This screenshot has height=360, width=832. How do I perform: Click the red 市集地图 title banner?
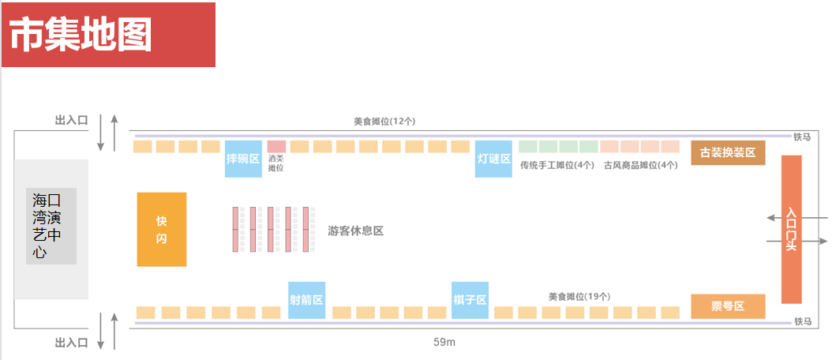click(x=108, y=36)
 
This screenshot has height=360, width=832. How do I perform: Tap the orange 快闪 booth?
click(x=162, y=229)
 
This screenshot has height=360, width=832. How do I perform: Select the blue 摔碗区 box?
click(x=243, y=159)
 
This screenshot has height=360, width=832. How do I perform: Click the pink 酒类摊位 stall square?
click(x=276, y=147)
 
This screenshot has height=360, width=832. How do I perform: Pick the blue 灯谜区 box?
click(x=493, y=159)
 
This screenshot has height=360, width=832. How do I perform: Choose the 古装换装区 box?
click(x=728, y=152)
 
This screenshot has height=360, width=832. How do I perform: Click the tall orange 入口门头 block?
click(x=791, y=229)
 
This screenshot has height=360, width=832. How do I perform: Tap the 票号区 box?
click(x=728, y=306)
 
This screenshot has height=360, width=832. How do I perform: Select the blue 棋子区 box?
click(x=470, y=300)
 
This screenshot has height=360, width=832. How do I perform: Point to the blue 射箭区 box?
click(x=306, y=300)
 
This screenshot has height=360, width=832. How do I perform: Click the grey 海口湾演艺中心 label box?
click(x=51, y=226)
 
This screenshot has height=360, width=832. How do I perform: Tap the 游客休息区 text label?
click(x=355, y=231)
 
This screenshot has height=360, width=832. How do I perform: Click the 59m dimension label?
click(x=444, y=343)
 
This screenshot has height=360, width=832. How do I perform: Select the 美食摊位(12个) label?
click(x=384, y=122)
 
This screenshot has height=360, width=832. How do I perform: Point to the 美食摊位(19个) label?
click(x=579, y=296)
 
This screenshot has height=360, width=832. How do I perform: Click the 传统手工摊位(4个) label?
click(x=557, y=165)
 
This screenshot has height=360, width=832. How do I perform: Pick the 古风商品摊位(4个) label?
click(x=640, y=165)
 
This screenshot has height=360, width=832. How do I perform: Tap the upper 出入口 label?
click(x=71, y=120)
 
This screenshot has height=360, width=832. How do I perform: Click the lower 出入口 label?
click(x=71, y=343)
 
